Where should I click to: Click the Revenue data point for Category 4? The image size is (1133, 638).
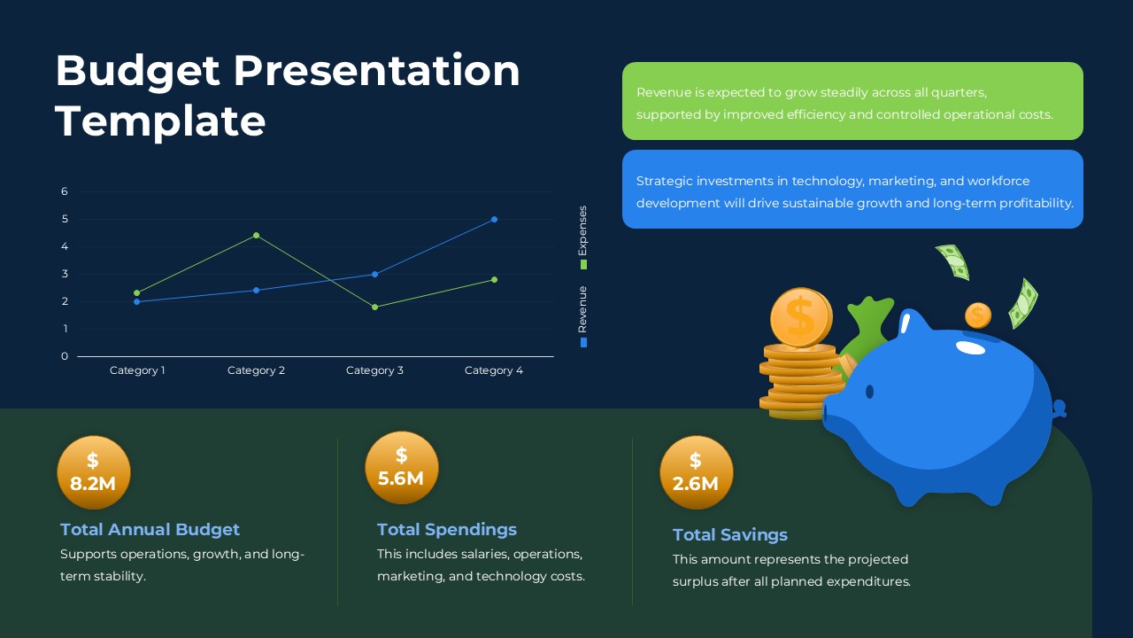pyautogui.click(x=494, y=219)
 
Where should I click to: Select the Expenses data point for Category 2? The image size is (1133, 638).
pyautogui.click(x=256, y=235)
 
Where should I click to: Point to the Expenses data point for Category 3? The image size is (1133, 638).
pyautogui.click(x=374, y=307)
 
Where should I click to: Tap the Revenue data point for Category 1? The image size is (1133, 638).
pyautogui.click(x=136, y=301)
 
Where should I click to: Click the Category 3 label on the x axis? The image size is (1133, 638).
pyautogui.click(x=374, y=370)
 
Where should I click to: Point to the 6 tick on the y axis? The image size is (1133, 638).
pyautogui.click(x=65, y=191)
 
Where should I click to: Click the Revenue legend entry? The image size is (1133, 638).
pyautogui.click(x=582, y=315)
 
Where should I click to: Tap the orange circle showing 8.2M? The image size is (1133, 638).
pyautogui.click(x=94, y=472)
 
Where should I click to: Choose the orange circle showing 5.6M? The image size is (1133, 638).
pyautogui.click(x=401, y=467)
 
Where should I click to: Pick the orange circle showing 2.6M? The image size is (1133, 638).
pyautogui.click(x=696, y=472)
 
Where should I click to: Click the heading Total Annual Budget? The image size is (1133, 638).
pyautogui.click(x=150, y=529)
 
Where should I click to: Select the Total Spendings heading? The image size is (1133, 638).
pyautogui.click(x=446, y=529)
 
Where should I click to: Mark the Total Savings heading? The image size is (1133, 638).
pyautogui.click(x=729, y=534)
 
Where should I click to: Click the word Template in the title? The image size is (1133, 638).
pyautogui.click(x=160, y=121)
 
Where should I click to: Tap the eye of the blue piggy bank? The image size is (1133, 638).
pyautogui.click(x=869, y=392)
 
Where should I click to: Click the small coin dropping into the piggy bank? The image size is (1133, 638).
pyautogui.click(x=977, y=315)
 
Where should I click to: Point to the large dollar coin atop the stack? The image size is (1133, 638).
pyautogui.click(x=800, y=317)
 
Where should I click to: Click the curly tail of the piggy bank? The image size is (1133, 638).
pyautogui.click(x=1059, y=409)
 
